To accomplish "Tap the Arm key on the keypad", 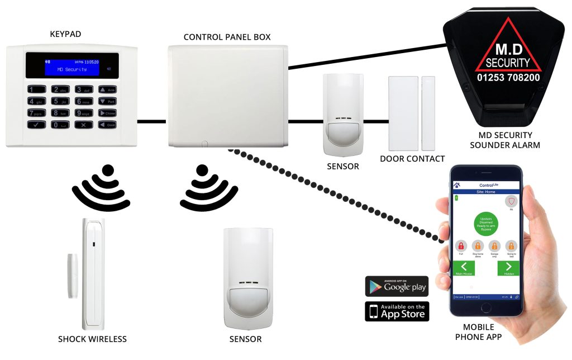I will pyautogui.click(x=108, y=89).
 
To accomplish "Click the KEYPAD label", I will pyautogui.click(x=65, y=35).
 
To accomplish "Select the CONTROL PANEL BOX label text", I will pyautogui.click(x=227, y=37).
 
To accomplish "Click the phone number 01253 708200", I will pyautogui.click(x=508, y=77).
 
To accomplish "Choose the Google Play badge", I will pyautogui.click(x=397, y=286).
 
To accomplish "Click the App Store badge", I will pyautogui.click(x=397, y=311).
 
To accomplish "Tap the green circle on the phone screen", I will pyautogui.click(x=485, y=222).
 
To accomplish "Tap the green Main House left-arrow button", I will pyautogui.click(x=464, y=267).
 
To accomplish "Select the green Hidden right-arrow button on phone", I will pyautogui.click(x=508, y=267).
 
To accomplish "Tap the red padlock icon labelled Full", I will pyautogui.click(x=461, y=246).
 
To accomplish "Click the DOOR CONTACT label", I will pyautogui.click(x=412, y=159).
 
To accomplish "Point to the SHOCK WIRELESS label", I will pyautogui.click(x=92, y=339).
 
